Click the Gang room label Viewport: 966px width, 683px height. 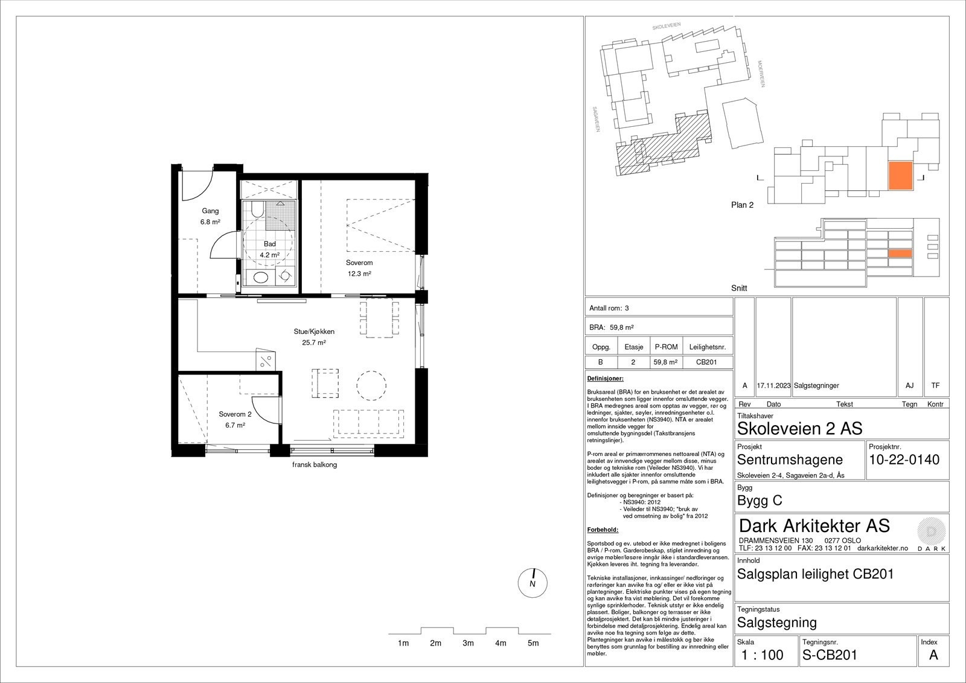pos(210,211)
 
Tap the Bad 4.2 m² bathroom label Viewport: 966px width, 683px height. pos(269,249)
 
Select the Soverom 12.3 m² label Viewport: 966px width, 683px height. pos(359,268)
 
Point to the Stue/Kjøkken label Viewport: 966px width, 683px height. pos(314,332)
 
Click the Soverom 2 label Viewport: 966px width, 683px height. pos(235,414)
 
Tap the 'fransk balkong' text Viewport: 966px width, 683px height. pos(315,464)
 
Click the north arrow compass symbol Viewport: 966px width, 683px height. pos(533,583)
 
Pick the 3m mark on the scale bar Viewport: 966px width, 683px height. pos(468,643)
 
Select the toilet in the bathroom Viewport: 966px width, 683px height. pos(257,210)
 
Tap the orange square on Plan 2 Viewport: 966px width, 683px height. pos(900,176)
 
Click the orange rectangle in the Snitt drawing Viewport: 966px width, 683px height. pos(900,254)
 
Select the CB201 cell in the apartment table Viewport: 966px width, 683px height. pos(706,362)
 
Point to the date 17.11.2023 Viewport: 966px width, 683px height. pos(773,386)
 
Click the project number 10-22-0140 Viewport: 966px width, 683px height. pos(904,460)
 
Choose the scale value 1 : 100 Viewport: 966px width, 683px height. pos(762,655)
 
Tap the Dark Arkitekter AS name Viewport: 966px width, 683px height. pos(814,526)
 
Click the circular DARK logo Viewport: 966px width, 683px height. pos(932,531)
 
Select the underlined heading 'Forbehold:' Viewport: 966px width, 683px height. pos(603,530)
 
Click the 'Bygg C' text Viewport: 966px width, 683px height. pos(760,501)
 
